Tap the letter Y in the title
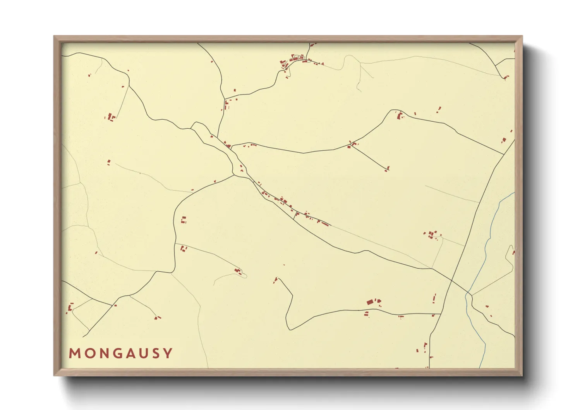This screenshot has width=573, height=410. click(x=168, y=353)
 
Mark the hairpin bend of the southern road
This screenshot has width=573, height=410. click(x=290, y=329)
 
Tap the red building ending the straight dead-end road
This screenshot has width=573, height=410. click(x=387, y=169)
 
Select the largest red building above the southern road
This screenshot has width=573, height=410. click(x=370, y=302)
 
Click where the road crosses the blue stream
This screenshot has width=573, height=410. click(x=468, y=294)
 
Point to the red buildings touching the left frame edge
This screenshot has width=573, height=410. click(x=70, y=308)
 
